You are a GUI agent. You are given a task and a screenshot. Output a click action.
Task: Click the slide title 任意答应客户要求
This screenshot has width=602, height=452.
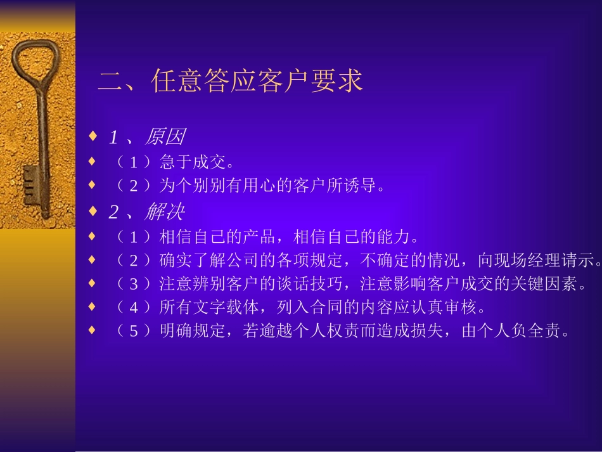pyautogui.click(x=257, y=82)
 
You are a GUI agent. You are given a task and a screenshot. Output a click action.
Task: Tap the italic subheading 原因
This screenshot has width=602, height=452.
pyautogui.click(x=164, y=137)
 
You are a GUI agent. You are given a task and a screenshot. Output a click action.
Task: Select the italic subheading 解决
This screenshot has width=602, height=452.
pyautogui.click(x=164, y=211)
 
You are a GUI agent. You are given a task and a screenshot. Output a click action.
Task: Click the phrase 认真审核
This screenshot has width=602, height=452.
pyautogui.click(x=451, y=307)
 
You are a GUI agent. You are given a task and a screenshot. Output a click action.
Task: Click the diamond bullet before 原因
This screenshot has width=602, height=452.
pyautogui.click(x=93, y=136)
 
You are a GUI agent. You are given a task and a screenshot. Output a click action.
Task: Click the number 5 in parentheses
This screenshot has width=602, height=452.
pyautogui.click(x=133, y=332)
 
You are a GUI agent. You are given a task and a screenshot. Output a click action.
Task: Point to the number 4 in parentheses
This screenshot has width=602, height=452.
pyautogui.click(x=133, y=308)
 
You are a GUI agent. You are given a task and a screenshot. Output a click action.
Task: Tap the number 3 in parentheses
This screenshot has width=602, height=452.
pyautogui.click(x=133, y=284)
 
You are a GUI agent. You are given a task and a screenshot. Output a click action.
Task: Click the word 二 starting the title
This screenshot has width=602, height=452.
pyautogui.click(x=110, y=82)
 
